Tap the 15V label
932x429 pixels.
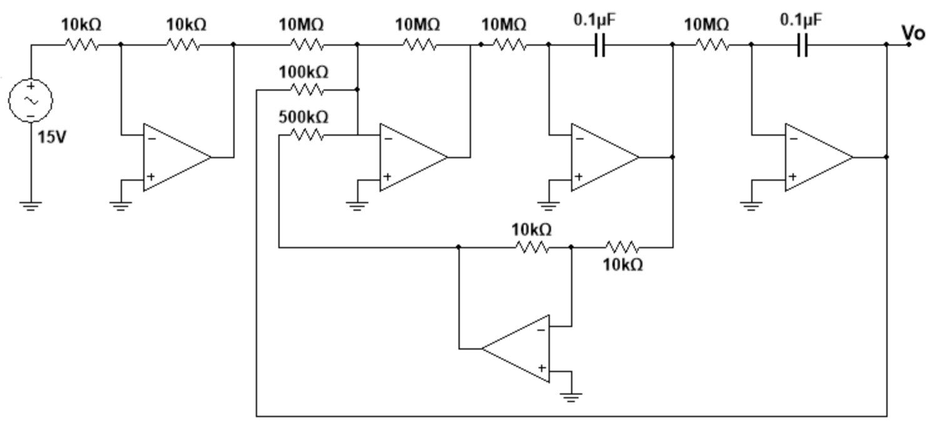point(51,137)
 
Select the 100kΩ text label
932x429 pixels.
point(303,73)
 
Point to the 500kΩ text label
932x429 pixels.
point(303,118)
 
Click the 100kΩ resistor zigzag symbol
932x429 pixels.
point(307,90)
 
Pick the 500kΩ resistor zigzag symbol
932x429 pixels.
point(307,135)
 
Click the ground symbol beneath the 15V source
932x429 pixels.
point(30,204)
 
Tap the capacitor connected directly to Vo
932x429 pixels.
point(803,45)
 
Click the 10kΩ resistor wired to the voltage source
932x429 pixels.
point(81,45)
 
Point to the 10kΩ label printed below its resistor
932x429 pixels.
point(622,265)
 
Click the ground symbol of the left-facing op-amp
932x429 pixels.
point(571,396)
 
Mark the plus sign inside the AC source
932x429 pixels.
point(30,88)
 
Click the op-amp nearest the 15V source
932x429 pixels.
point(176,157)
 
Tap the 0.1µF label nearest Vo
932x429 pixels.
point(801,20)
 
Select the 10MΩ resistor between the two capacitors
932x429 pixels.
point(712,45)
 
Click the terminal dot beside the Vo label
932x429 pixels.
point(909,44)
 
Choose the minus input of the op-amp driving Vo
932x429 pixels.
point(794,139)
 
